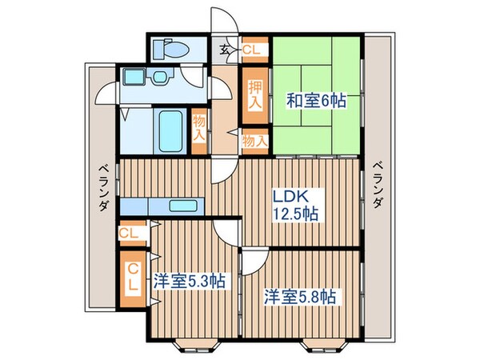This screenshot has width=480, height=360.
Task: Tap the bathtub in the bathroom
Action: pos(170,127)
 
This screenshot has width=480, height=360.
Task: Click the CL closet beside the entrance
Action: pos(251,50)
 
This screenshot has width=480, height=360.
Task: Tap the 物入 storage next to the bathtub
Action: pos(199,128)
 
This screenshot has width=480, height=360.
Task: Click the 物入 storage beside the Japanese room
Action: pos(254,141)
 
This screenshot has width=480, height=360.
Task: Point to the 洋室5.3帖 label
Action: pos(189,282)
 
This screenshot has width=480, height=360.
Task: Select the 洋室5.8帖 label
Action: pos(301,295)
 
